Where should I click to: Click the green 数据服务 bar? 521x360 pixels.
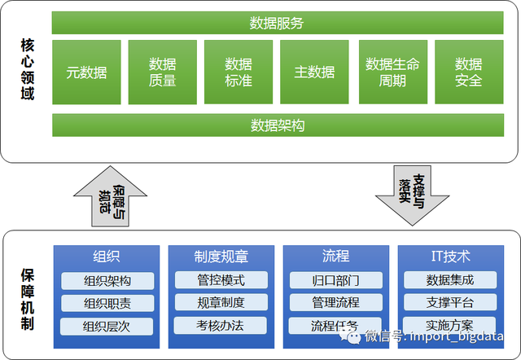coord(276,23)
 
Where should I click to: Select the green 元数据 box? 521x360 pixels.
coord(86,72)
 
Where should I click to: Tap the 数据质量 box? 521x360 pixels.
coord(163,72)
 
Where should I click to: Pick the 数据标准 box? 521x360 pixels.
coord(239,72)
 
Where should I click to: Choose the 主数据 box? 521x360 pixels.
coord(314,72)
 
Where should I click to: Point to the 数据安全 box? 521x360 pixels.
coord(468,72)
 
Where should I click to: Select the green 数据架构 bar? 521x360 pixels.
coord(276,125)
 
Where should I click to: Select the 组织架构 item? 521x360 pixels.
coord(107,281)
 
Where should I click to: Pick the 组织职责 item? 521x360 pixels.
coord(107,303)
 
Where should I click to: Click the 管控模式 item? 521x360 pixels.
coord(221,281)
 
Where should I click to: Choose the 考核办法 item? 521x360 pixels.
coord(221,325)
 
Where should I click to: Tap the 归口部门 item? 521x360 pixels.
coord(335,281)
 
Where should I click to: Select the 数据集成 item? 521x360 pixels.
coord(450,281)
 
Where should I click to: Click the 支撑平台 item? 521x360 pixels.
coord(450,303)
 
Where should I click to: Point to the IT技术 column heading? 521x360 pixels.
coord(450,257)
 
